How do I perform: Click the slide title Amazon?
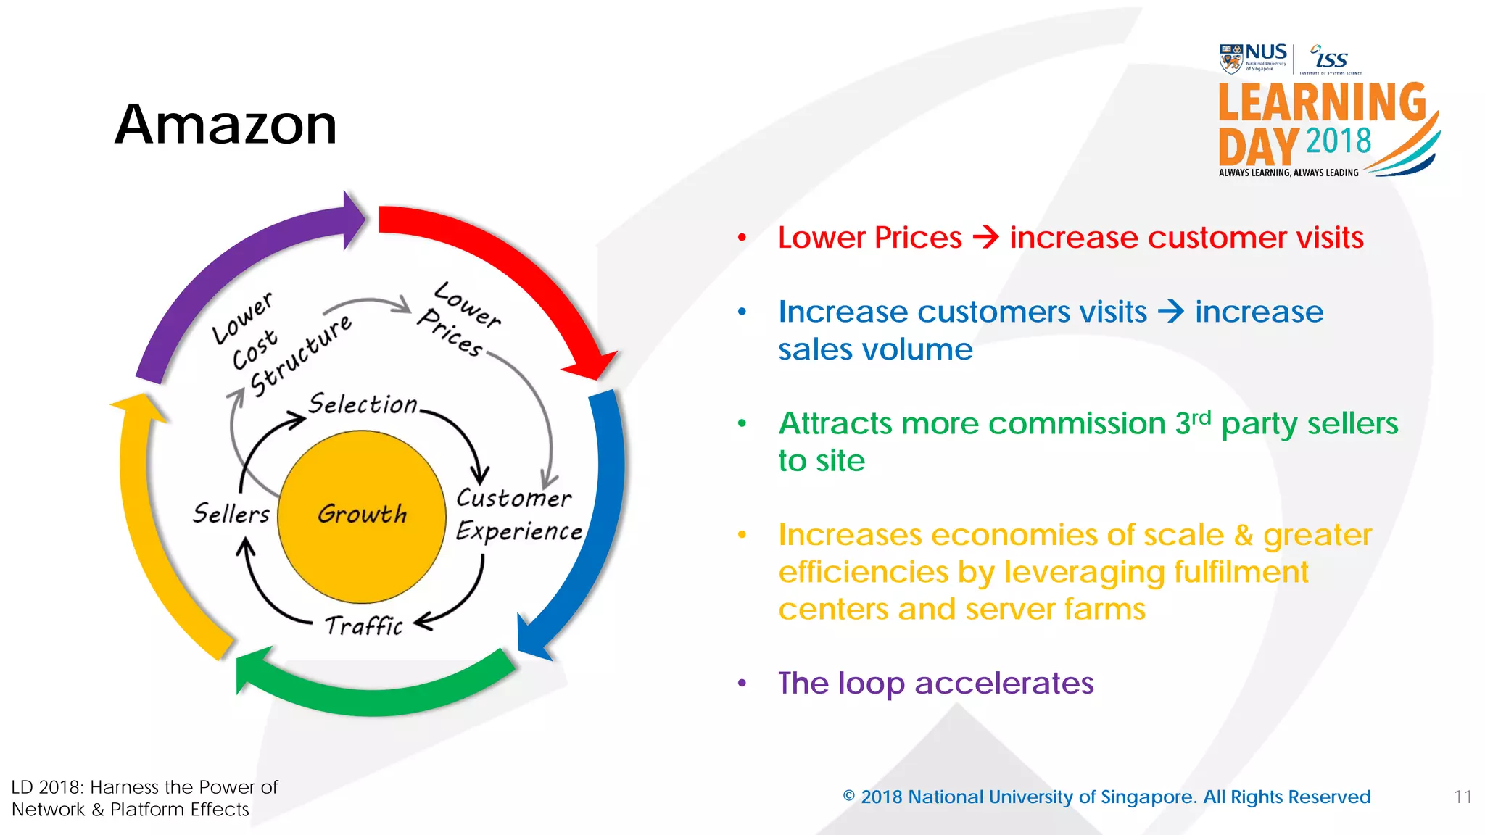(x=226, y=125)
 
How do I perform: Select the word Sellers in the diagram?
(x=231, y=513)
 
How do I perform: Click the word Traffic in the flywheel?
(x=363, y=625)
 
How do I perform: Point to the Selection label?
(x=363, y=404)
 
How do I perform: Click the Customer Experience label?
(x=518, y=515)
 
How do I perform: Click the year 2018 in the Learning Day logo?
(x=1338, y=141)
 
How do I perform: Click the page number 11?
(x=1463, y=797)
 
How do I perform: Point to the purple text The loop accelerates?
(x=935, y=683)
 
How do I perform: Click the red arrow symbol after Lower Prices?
(x=985, y=237)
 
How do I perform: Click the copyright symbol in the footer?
(x=848, y=796)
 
